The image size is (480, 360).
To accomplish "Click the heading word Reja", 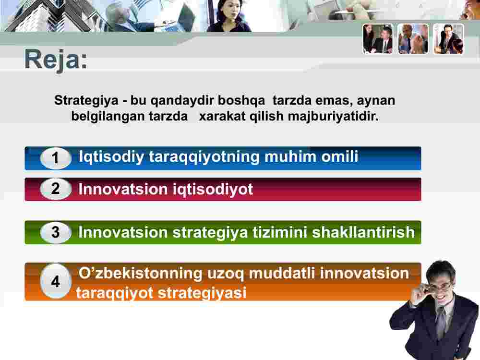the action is pos(56,60).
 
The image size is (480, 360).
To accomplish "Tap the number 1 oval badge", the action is pos(55,158).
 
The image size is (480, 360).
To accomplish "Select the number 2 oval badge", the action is pos(55,189).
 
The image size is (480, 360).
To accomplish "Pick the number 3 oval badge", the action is pos(55,232).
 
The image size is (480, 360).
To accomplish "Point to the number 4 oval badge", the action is pos(55,281).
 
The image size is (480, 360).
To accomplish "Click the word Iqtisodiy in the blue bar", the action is pos(111,157).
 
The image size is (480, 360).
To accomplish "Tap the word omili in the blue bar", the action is pos(339,156).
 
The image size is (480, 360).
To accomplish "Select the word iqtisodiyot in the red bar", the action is pos(213,189).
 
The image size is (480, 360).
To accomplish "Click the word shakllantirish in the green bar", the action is pos(363,232).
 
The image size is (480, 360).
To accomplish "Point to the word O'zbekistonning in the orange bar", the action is pos(141,273).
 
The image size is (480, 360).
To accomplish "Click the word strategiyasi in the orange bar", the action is pos(202,293).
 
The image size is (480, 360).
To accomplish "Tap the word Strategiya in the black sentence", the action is pos(86,101).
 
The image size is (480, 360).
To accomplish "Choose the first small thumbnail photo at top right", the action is pos(378,39).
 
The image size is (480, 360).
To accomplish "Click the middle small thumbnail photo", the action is pos(413,39).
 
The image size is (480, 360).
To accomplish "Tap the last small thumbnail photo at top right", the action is pos(448,39).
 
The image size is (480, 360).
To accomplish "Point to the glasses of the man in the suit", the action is pos(438,286).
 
